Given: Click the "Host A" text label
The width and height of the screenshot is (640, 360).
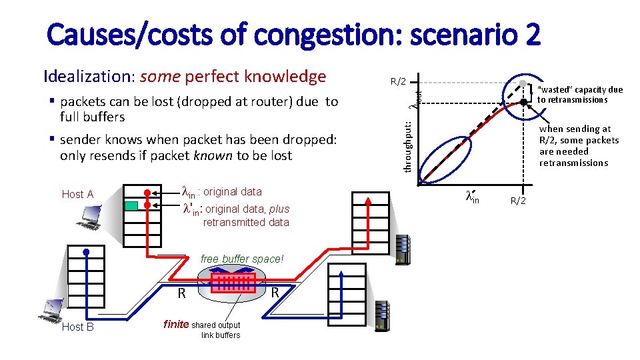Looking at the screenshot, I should (x=77, y=195).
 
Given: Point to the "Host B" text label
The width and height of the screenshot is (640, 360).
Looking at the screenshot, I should (x=77, y=327).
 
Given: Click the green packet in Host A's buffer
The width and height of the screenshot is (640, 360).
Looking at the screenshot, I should (x=131, y=205).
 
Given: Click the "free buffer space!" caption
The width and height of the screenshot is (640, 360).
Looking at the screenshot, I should (x=242, y=259).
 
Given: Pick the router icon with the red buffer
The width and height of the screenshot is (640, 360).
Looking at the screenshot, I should (x=234, y=282).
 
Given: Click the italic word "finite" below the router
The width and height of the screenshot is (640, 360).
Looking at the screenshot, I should (x=176, y=325).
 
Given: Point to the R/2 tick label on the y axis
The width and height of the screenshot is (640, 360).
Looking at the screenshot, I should (x=398, y=82).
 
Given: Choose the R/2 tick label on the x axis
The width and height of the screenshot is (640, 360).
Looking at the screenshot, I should (x=518, y=200).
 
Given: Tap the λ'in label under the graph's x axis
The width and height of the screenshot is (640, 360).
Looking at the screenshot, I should (x=472, y=197).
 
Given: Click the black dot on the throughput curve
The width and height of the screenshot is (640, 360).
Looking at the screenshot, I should (x=524, y=102).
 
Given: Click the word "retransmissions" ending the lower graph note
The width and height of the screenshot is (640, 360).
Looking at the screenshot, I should (x=573, y=163).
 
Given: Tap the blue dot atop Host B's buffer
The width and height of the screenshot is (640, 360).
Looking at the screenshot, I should (x=87, y=251).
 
